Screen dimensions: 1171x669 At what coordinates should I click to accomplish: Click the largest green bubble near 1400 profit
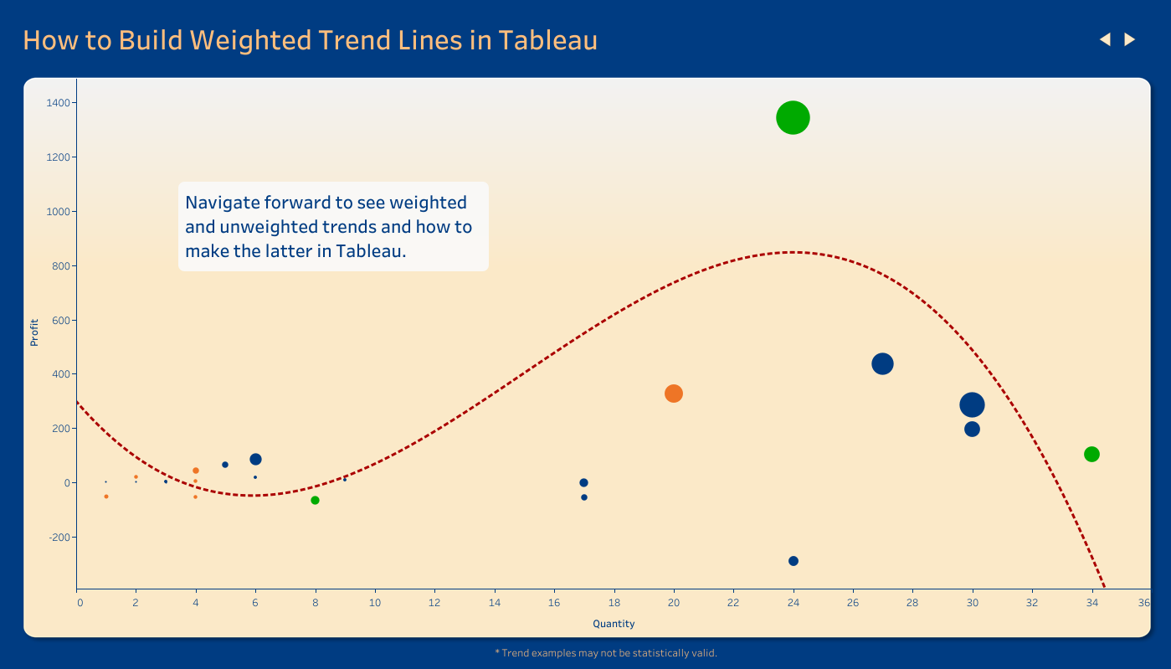[x=793, y=118]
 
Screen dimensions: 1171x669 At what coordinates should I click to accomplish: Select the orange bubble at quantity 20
[x=673, y=394]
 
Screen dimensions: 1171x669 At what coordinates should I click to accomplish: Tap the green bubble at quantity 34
[x=1091, y=454]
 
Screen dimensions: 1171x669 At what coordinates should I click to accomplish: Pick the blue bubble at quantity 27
[x=882, y=363]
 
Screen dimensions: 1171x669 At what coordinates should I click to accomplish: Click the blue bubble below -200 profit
[x=793, y=561]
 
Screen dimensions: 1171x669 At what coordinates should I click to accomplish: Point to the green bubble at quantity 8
[x=315, y=501]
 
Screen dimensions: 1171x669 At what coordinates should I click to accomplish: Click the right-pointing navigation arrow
[x=1130, y=39]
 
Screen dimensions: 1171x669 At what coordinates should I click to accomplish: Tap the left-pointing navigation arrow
[x=1105, y=39]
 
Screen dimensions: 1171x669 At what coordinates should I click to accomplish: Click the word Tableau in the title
[x=547, y=40]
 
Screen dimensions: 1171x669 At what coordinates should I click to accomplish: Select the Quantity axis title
[x=614, y=624]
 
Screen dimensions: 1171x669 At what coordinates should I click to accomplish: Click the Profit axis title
[x=34, y=332]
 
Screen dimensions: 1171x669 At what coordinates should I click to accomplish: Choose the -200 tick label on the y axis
[x=59, y=538]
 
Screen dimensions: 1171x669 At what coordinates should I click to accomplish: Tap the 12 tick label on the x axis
[x=434, y=603]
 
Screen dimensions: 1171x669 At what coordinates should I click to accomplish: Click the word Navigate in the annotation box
[x=222, y=203]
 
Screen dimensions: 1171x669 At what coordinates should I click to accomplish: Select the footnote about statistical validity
[x=606, y=653]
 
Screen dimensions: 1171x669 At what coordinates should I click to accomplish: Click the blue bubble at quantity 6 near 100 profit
[x=255, y=459]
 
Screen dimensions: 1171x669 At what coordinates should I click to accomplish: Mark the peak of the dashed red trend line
[x=793, y=252]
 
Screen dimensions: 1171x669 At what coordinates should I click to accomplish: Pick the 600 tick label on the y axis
[x=61, y=320]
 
